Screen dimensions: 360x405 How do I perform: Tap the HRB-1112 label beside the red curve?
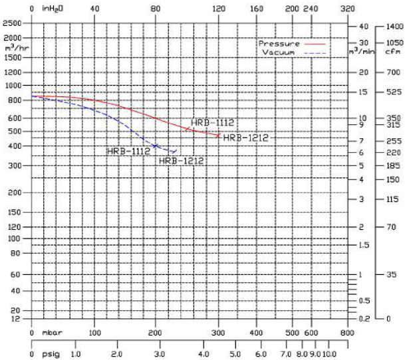[213, 122]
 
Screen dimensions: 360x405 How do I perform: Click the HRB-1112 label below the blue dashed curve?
[128, 151]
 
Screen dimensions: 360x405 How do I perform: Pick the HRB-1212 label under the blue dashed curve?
[180, 160]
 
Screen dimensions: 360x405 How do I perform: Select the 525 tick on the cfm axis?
[387, 92]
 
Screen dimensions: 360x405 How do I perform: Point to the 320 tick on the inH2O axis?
[347, 9]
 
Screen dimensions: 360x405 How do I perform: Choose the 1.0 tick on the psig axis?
[75, 346]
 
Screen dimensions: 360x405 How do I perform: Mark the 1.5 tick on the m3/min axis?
[363, 245]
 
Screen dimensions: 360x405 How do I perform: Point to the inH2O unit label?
[53, 9]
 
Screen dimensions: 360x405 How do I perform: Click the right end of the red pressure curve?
[219, 135]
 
